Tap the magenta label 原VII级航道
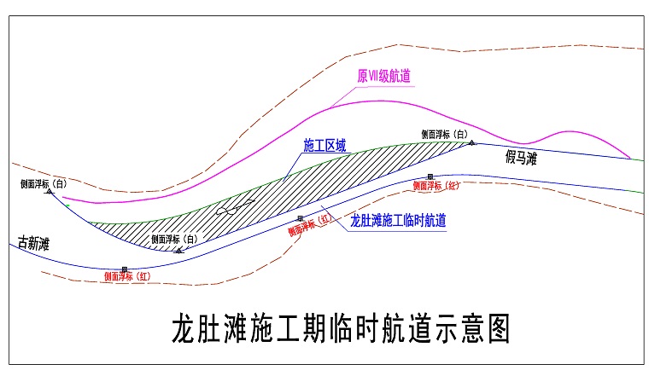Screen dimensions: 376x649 pos(383,76)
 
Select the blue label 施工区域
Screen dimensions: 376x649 pos(325,146)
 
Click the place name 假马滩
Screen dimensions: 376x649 pos(521,157)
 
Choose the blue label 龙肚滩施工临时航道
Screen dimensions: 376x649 pos(400,219)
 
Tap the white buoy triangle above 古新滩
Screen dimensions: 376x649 pos(50,192)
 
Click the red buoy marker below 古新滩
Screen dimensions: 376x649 pos(124,269)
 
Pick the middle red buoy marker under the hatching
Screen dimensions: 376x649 pos(300,219)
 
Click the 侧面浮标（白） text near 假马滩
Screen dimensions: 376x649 pos(445,134)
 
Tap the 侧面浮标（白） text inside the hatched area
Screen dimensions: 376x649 pos(174,239)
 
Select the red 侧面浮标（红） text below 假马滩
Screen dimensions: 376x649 pos(437,186)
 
